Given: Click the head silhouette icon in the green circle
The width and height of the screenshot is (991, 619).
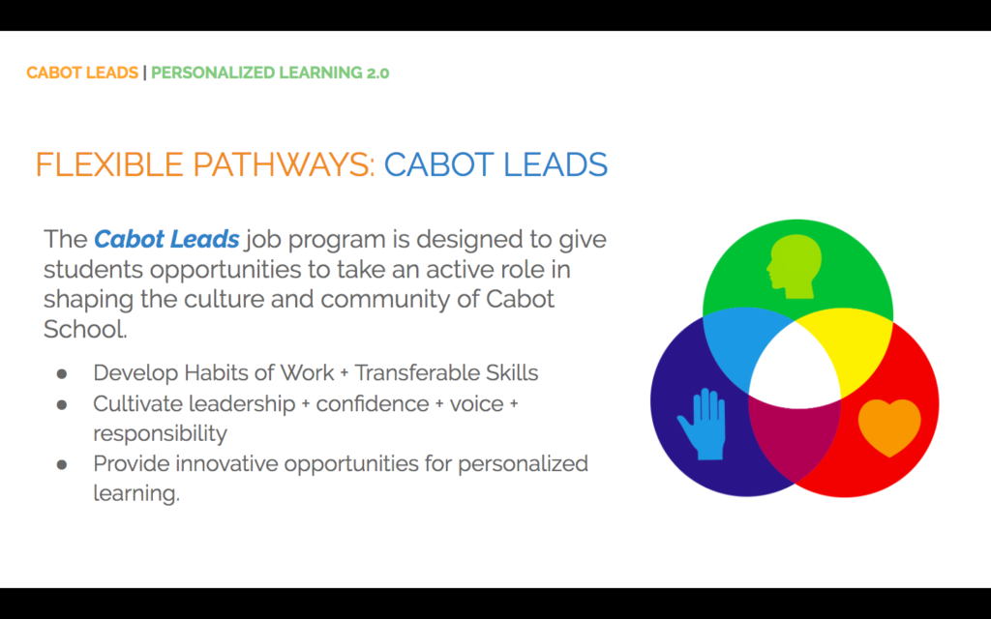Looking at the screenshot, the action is tap(795, 267).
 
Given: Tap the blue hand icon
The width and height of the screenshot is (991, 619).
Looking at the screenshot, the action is tap(703, 425).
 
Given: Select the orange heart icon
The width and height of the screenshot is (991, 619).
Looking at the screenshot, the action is tap(889, 427).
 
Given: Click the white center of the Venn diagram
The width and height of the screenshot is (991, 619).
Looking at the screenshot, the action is tap(795, 372).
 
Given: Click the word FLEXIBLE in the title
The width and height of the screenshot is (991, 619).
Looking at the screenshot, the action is tap(109, 164).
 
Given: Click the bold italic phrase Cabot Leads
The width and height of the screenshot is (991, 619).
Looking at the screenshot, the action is tap(166, 240).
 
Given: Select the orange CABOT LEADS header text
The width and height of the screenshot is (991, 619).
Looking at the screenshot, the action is tap(82, 73).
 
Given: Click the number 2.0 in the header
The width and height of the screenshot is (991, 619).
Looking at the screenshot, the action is tap(377, 73).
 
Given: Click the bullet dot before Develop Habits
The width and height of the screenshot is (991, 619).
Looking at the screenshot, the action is tap(61, 374).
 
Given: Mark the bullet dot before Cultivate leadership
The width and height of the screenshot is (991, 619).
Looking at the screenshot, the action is tap(61, 404).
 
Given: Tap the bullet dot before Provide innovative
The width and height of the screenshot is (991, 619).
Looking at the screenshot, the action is tap(61, 465).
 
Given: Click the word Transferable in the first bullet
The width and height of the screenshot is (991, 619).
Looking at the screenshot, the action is tap(416, 372).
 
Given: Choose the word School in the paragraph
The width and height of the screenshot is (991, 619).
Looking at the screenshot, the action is tap(85, 329).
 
